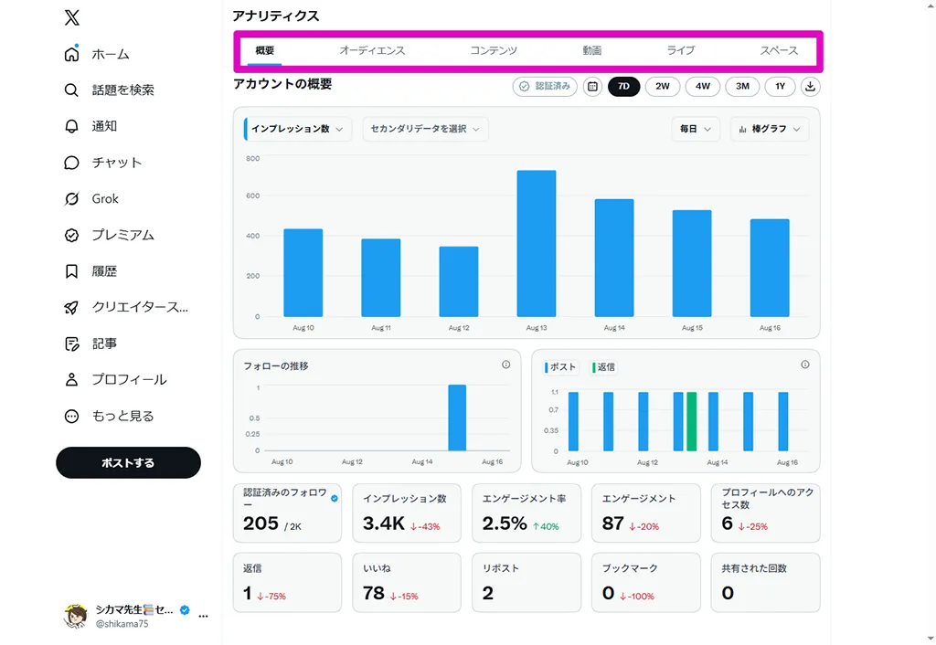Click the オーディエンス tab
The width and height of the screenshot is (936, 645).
tap(372, 51)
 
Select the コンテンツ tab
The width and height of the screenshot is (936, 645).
tap(493, 51)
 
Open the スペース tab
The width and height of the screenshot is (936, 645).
tap(779, 51)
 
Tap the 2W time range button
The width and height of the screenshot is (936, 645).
tap(663, 87)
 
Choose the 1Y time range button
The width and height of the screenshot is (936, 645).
tap(781, 87)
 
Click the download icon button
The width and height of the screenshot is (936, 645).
tap(810, 87)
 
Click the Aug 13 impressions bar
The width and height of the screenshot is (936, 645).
tap(536, 243)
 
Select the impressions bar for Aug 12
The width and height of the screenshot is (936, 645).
tap(459, 281)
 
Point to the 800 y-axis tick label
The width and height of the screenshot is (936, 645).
tap(252, 159)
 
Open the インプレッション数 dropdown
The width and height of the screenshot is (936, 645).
tap(297, 129)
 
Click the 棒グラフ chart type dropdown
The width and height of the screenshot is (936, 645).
tap(770, 129)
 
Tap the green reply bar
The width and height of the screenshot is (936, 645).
tap(691, 421)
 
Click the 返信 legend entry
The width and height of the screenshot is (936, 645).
tap(603, 367)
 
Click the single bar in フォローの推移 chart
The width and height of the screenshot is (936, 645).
tap(457, 418)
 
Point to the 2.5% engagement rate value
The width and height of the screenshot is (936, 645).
tap(505, 523)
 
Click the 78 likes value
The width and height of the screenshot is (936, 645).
tap(374, 593)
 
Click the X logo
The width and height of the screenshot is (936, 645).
tap(71, 17)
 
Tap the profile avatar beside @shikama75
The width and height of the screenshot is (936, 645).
tap(75, 616)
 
